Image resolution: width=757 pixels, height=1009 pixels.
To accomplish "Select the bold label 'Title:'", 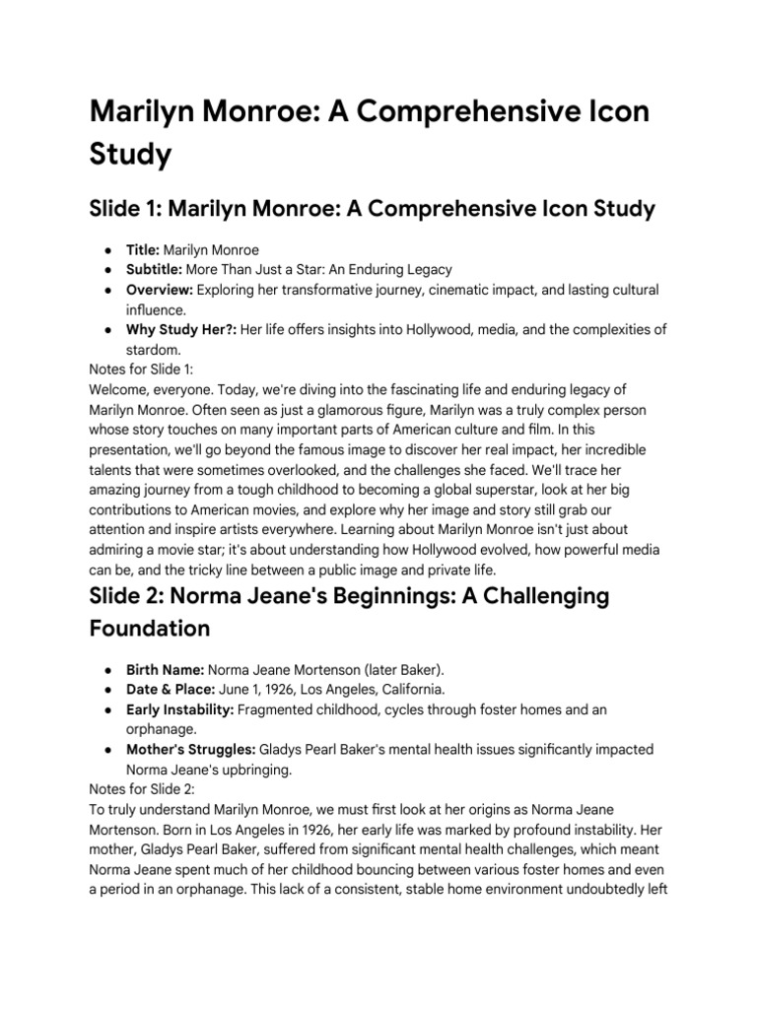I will click(x=143, y=251).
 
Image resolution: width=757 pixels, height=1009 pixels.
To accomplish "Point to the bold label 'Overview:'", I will click(x=160, y=291).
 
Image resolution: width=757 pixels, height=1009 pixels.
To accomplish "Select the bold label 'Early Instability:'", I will click(x=183, y=710).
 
